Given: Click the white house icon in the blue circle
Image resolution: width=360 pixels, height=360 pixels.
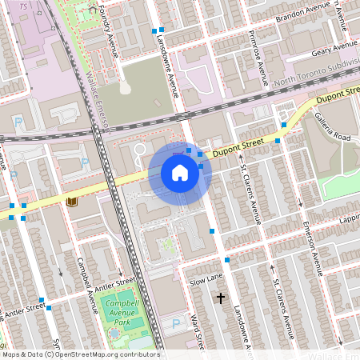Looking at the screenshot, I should click(x=180, y=173).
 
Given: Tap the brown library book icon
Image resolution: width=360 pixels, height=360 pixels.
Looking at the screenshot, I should click(x=73, y=202).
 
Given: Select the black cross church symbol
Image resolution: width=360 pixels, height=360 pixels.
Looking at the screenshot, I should click(x=221, y=298).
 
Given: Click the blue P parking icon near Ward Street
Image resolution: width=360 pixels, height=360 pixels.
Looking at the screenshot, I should click(x=176, y=324).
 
